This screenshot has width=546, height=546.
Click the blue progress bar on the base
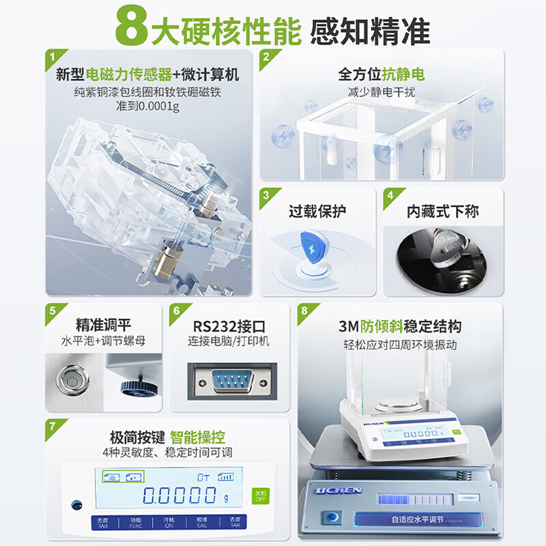(412, 500)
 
